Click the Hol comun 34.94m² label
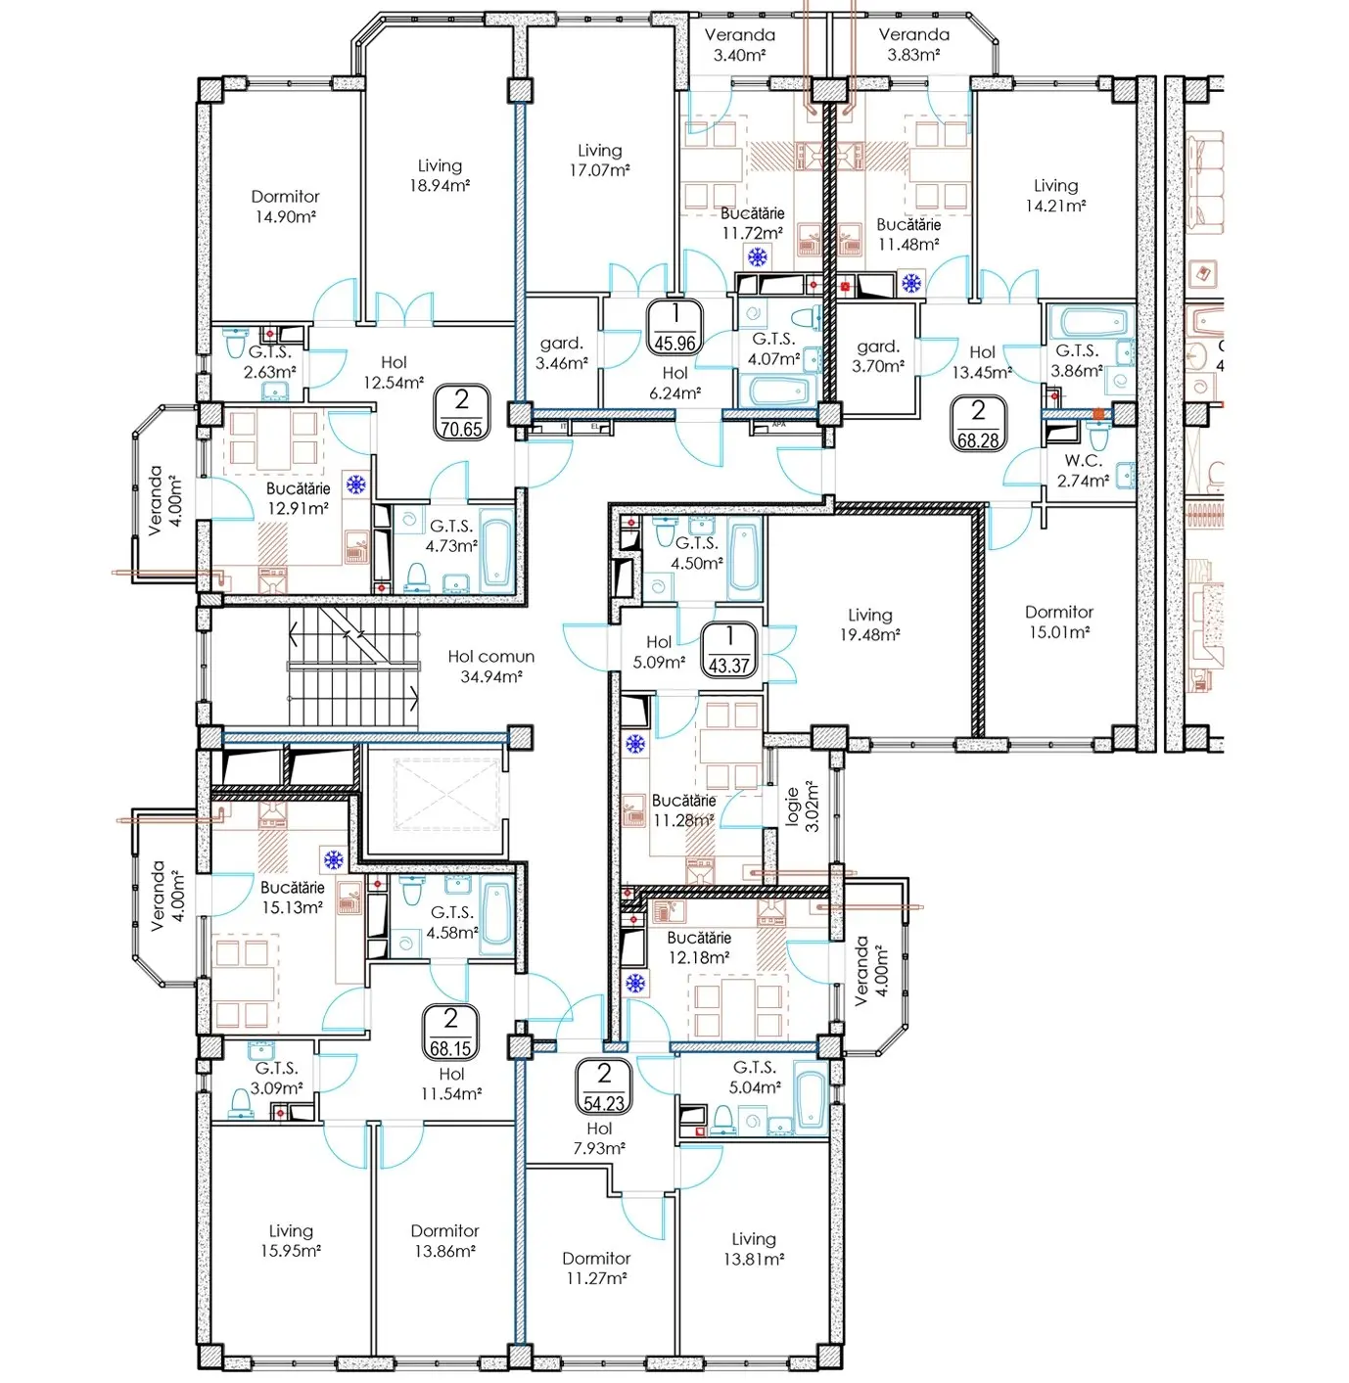(490, 666)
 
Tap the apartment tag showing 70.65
(461, 411)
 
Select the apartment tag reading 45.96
(674, 327)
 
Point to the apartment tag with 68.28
(977, 423)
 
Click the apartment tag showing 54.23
(603, 1085)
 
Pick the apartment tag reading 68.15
(450, 1032)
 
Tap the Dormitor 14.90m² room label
(285, 207)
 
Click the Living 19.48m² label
(870, 624)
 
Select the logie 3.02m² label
(803, 807)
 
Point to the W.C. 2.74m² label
(1083, 471)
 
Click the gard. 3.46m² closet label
(561, 353)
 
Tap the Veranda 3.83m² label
(913, 44)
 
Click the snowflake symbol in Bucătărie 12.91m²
(355, 484)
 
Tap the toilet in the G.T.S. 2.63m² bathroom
(234, 346)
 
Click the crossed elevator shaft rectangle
(444, 793)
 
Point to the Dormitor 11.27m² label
(595, 1268)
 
